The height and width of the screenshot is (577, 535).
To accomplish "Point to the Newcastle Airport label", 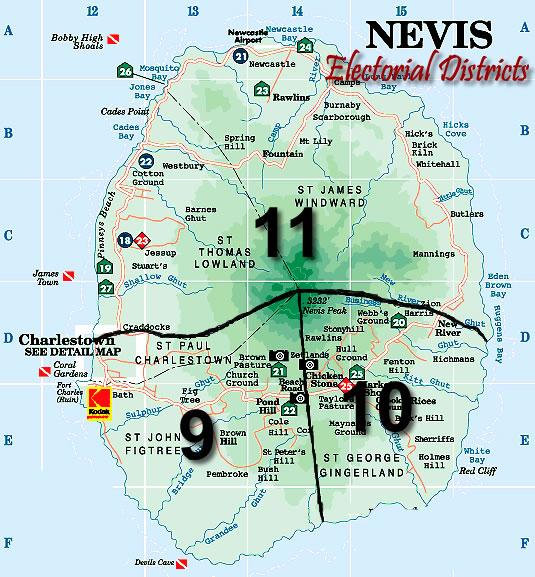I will (249, 36).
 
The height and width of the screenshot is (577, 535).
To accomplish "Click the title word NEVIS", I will (430, 36).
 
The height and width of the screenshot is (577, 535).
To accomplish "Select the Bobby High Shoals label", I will (77, 41).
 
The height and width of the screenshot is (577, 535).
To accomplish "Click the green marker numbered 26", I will (125, 71).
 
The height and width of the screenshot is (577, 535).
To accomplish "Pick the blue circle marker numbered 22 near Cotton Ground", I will (146, 161).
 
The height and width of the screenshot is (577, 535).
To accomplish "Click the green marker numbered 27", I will (106, 288).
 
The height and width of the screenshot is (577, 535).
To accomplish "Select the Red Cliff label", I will (475, 470).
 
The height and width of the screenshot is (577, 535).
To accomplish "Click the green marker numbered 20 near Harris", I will (398, 322).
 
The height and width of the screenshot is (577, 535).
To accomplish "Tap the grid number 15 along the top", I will (401, 11).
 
